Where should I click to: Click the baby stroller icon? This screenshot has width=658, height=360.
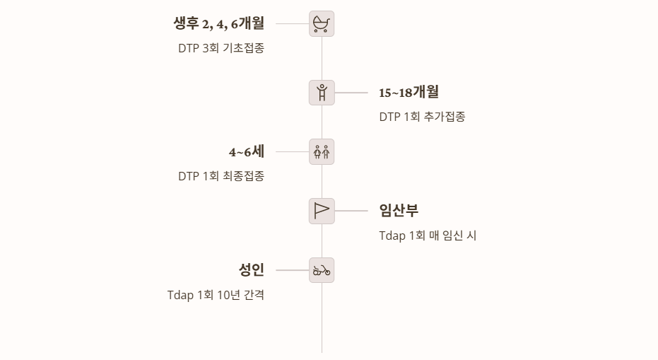[x=322, y=24]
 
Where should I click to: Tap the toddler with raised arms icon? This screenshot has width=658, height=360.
[x=322, y=93]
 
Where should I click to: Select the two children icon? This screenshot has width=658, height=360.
[x=322, y=151]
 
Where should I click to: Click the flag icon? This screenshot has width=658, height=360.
[x=322, y=211]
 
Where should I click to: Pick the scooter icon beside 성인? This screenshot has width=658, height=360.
[x=322, y=270]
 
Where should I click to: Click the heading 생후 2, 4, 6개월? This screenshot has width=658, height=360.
[x=218, y=23]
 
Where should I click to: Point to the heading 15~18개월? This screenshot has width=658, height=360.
[x=409, y=92]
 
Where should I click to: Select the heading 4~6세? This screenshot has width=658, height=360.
[x=246, y=151]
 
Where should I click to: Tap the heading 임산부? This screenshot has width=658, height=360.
[x=399, y=211]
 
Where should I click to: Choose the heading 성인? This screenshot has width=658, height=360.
[x=252, y=270]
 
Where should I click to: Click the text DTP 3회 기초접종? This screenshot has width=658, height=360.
[x=221, y=49]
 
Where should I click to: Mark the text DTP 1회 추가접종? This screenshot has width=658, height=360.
[x=422, y=117]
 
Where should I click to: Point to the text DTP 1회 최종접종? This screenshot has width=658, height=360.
[x=221, y=177]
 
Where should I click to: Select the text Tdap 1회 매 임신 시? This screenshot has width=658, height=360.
[x=428, y=236]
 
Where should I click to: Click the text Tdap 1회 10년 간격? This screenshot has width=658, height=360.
[x=216, y=296]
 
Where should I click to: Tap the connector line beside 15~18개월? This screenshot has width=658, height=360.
[x=351, y=93]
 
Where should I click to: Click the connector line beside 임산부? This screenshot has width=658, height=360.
[x=351, y=211]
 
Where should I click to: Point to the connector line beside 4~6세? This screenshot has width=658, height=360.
[x=292, y=151]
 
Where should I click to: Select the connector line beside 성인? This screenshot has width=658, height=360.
[x=292, y=270]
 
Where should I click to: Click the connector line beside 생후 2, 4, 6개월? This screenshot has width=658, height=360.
[x=292, y=23]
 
